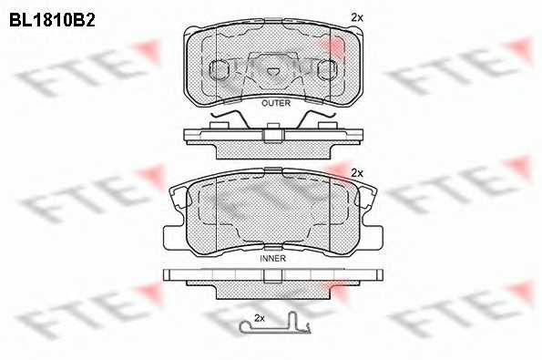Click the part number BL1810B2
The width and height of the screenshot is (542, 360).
pyautogui.click(x=52, y=21)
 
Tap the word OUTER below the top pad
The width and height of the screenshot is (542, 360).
pyautogui.click(x=276, y=103)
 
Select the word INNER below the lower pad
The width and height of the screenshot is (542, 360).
pyautogui.click(x=272, y=258)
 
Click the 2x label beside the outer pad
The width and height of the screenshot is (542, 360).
pyautogui.click(x=357, y=17)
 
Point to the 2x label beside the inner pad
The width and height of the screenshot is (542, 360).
pyautogui.click(x=357, y=173)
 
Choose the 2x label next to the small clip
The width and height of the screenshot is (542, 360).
pyautogui.click(x=260, y=318)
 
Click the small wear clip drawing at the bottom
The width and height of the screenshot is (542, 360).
pyautogui.click(x=275, y=325)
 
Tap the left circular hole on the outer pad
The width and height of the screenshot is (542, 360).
pyautogui.click(x=220, y=69)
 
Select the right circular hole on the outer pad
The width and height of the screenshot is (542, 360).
pyautogui.click(x=327, y=69)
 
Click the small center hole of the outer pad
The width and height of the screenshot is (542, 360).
pyautogui.click(x=273, y=71)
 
